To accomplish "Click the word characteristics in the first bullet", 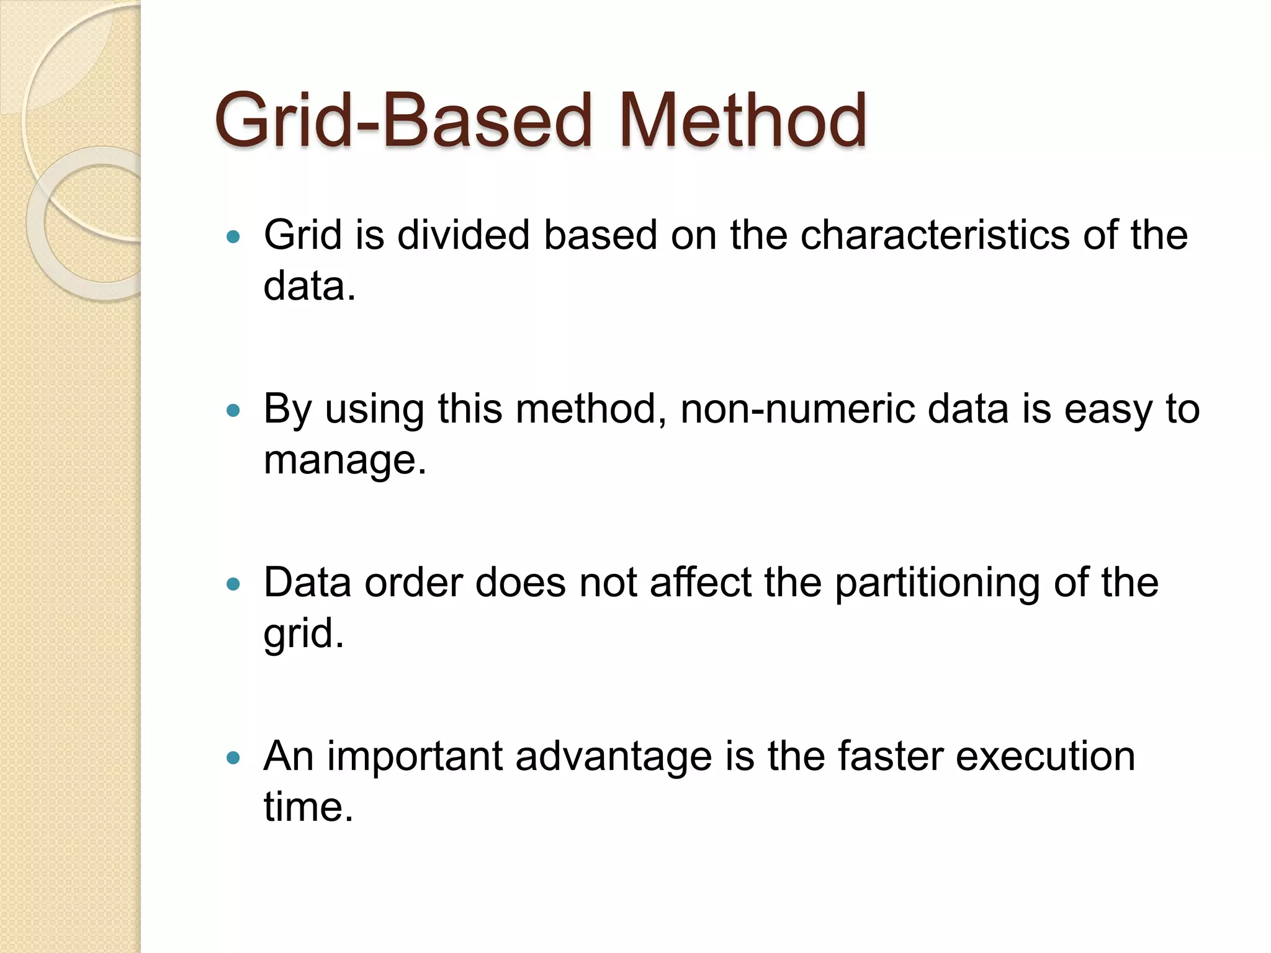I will pos(935,236).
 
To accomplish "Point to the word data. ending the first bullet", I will pos(310,287).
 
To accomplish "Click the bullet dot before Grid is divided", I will pos(233,236).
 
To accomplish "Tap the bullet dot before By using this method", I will pos(233,410).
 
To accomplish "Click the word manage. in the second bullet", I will pos(345,460).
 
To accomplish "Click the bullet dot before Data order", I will pos(233,584).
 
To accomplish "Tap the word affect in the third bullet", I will pos(701,583).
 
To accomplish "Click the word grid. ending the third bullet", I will pos(303,634).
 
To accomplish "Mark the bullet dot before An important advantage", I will pos(233,758).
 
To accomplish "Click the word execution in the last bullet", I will pos(1045,757).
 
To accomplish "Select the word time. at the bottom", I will pos(308,808).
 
